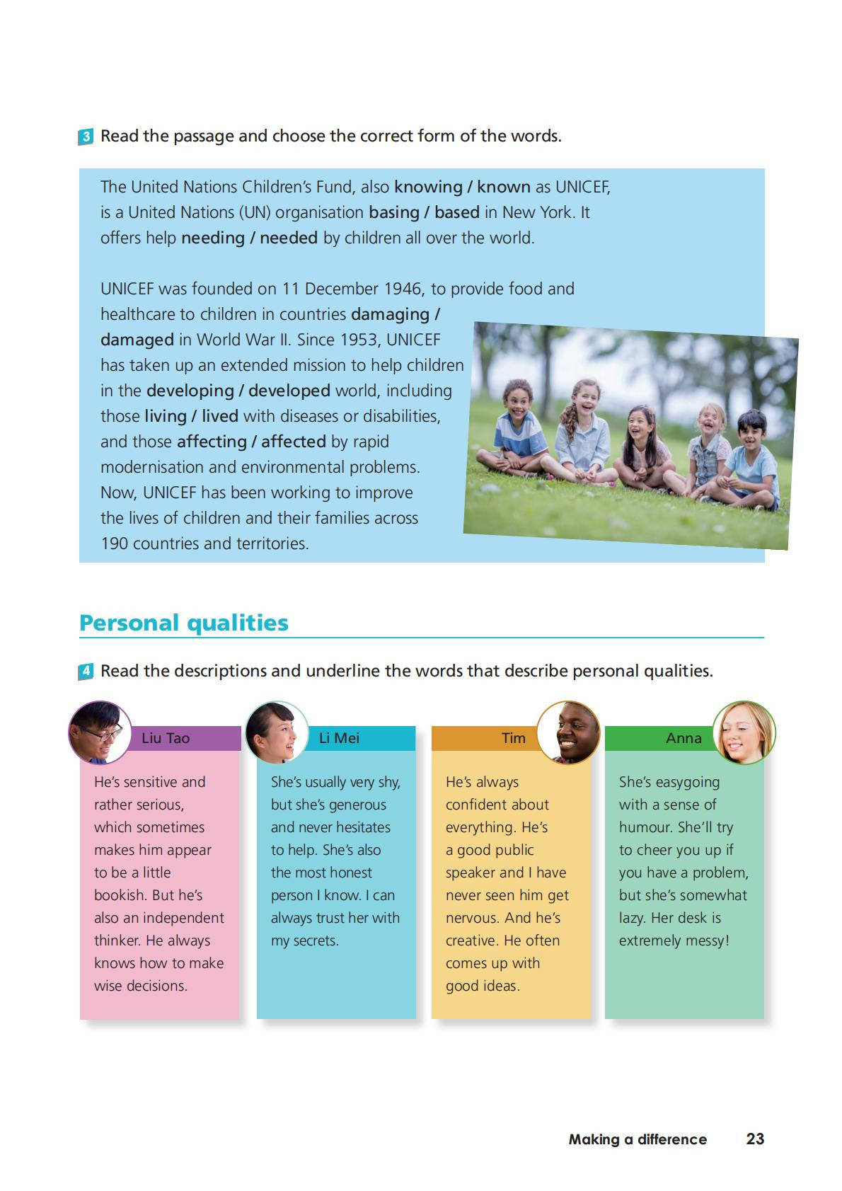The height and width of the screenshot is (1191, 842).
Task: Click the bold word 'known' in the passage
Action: click(x=504, y=187)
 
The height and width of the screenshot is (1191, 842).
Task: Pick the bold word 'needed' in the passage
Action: click(x=289, y=238)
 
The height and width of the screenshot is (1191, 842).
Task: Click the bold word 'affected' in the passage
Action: click(x=294, y=442)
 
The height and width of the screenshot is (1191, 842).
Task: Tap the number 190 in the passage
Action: click(x=115, y=543)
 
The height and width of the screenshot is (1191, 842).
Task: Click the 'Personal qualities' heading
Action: click(x=184, y=623)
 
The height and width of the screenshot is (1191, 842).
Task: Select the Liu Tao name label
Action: click(x=166, y=738)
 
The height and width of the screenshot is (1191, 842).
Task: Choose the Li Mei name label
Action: click(x=339, y=738)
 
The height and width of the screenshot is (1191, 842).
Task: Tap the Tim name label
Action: click(x=514, y=738)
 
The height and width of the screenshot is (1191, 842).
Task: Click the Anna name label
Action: click(x=684, y=738)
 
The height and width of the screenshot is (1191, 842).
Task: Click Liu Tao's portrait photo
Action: click(x=100, y=732)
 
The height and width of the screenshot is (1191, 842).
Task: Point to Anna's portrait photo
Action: click(x=744, y=732)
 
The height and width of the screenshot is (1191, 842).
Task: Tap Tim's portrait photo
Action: click(x=568, y=732)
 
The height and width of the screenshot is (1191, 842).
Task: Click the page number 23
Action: click(x=755, y=1139)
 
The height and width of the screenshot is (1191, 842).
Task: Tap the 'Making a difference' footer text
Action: click(x=638, y=1139)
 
